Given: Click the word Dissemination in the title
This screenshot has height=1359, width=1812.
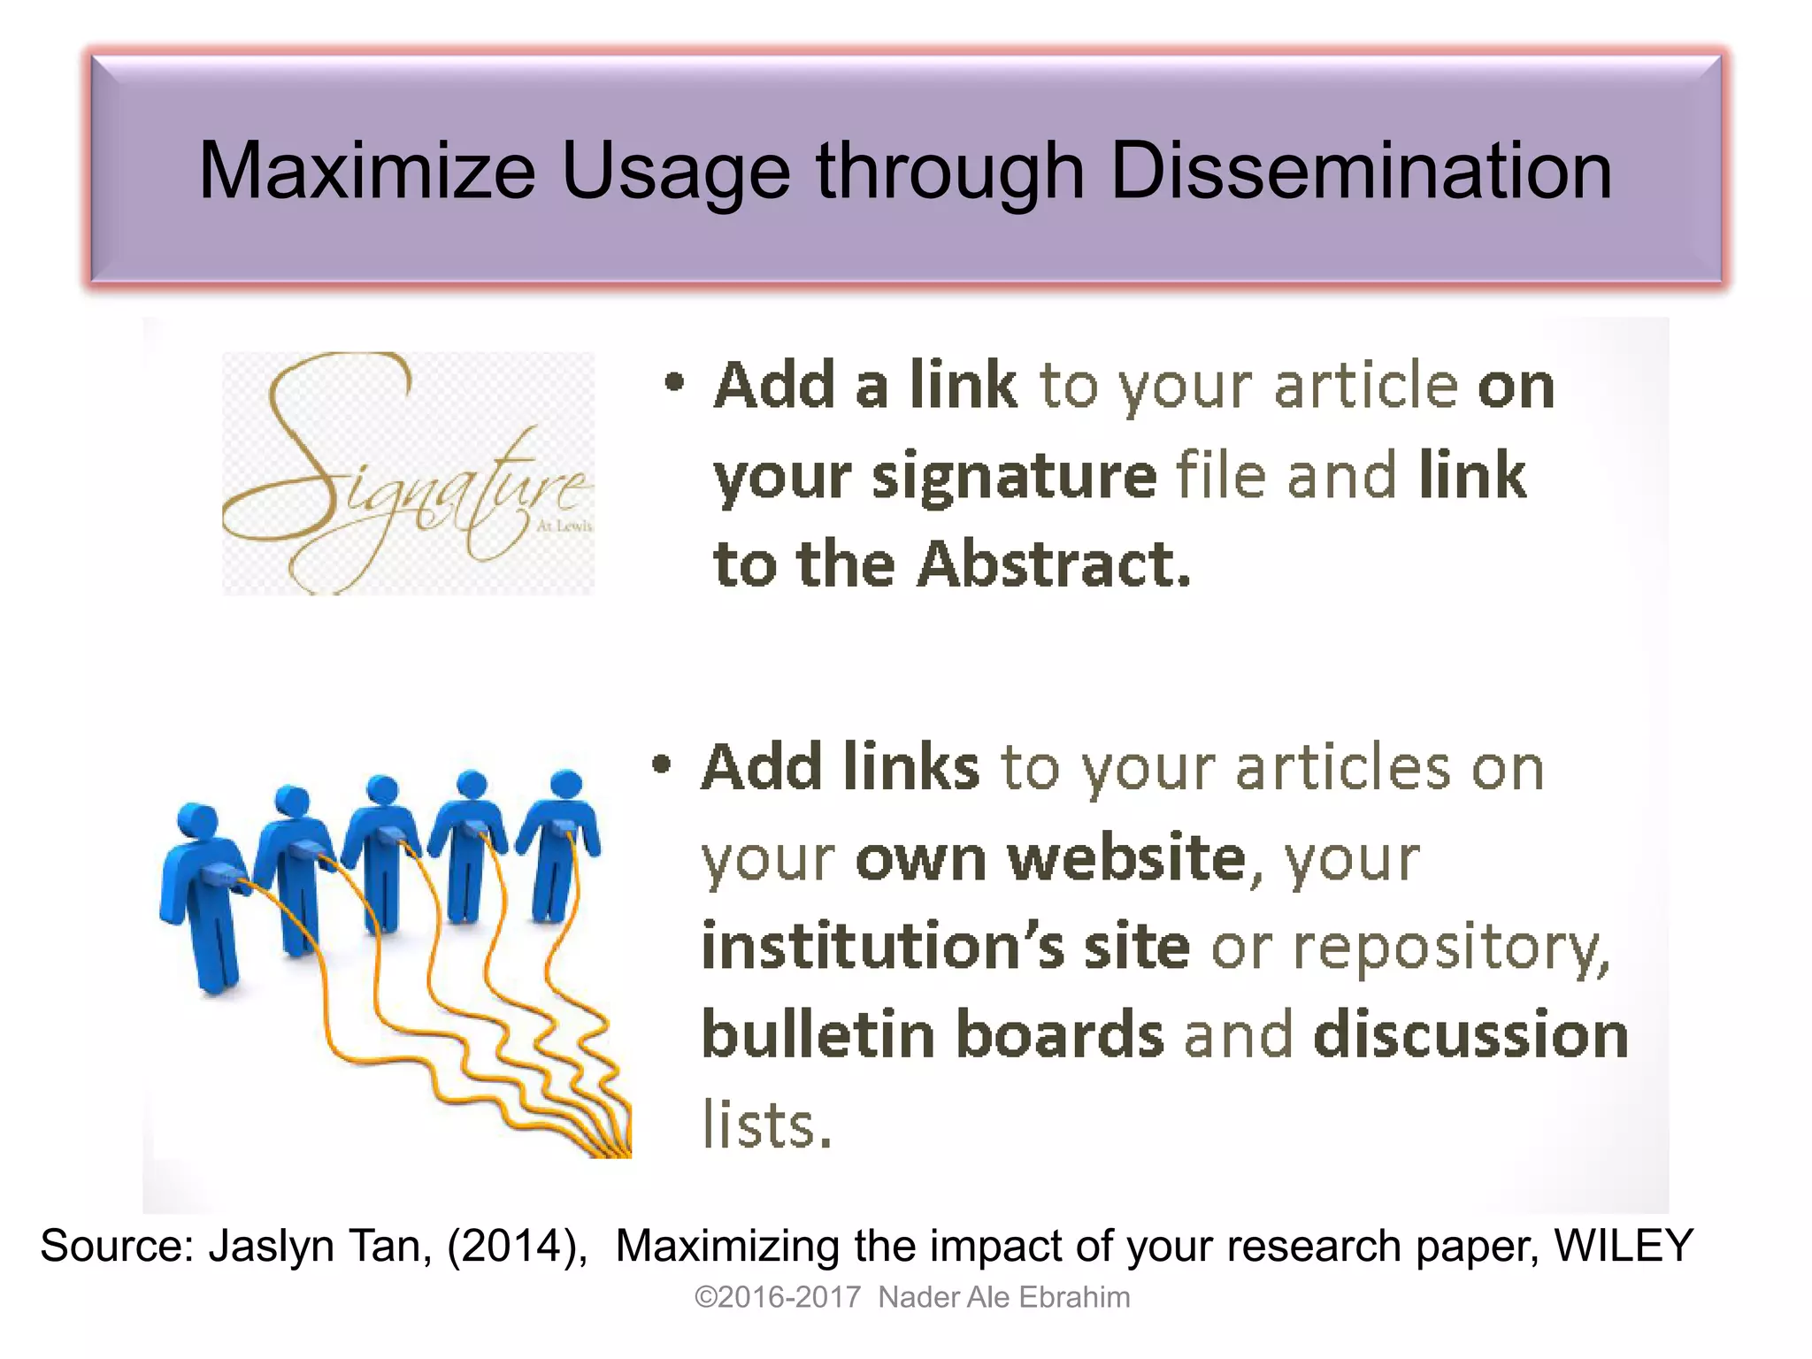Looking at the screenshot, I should (x=1360, y=170).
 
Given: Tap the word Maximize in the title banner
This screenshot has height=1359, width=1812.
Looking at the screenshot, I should (x=367, y=170).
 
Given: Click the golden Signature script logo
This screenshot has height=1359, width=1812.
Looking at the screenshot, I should (x=407, y=473).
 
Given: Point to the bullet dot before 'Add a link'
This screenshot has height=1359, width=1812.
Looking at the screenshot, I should (x=675, y=382).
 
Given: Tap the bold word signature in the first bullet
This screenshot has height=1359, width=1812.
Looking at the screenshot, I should (x=1014, y=476).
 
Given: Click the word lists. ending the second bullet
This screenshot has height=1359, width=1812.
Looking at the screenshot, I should (x=767, y=1125).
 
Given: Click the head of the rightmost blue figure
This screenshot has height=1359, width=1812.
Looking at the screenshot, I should (x=566, y=784).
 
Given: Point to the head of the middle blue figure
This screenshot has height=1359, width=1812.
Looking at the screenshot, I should (x=383, y=789).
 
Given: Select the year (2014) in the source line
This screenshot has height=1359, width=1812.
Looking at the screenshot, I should (x=517, y=1246).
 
